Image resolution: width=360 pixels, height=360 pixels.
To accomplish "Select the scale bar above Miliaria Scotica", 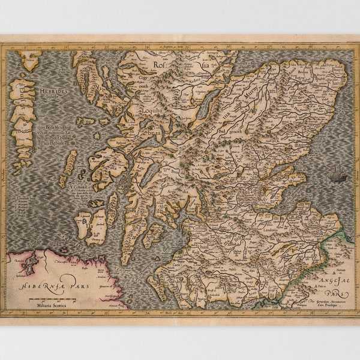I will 51,298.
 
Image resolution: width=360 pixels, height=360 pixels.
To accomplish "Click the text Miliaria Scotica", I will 51,304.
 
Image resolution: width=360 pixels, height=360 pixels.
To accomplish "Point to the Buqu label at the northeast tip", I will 338,70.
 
